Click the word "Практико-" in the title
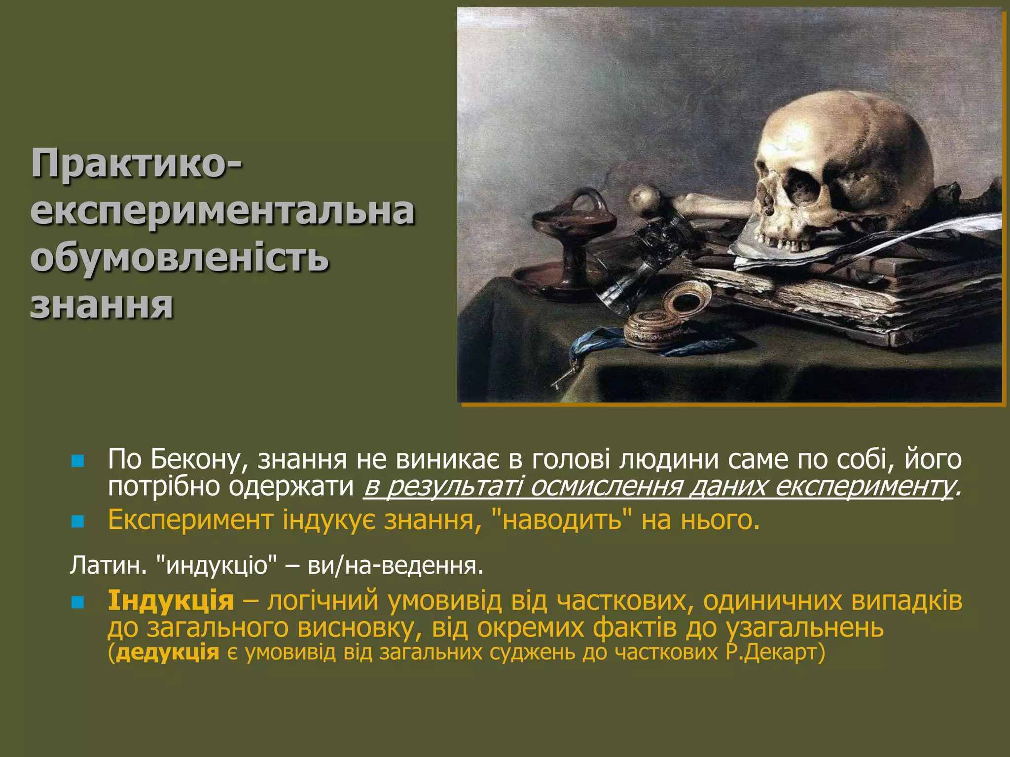136,164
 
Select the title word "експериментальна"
222,211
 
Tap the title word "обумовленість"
180,258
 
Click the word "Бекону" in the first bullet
195,459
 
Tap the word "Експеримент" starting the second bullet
190,519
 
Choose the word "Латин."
108,565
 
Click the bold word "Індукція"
171,601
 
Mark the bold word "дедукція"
168,652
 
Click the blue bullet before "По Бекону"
78,461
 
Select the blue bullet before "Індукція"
78,602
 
